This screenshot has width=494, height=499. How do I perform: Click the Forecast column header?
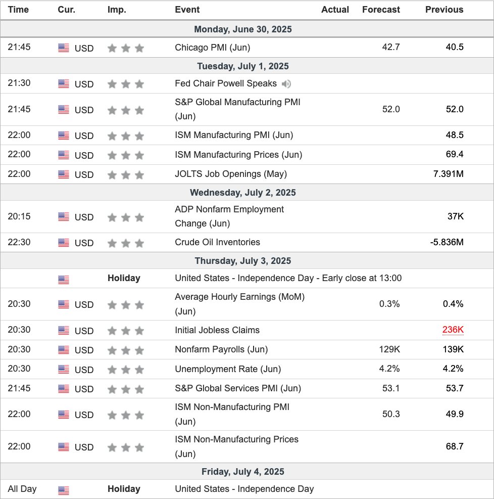381,10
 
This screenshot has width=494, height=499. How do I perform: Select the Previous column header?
444,10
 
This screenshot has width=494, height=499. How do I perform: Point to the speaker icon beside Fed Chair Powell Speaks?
286,84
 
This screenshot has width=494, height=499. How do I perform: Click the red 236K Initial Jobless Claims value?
453,330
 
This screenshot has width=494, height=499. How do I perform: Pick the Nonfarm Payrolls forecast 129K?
388,349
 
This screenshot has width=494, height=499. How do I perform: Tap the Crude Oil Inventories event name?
217,242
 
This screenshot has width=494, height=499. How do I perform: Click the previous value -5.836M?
447,242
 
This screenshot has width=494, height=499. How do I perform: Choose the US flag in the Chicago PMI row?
64,48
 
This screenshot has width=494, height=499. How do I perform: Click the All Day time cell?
22,489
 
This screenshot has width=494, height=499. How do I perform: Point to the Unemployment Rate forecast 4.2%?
389,369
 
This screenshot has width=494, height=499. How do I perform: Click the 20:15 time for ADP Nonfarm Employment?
19,216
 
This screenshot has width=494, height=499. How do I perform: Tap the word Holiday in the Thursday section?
124,278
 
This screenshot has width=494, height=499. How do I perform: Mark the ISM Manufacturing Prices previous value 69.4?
454,155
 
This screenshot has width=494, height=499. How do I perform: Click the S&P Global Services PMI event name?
237,388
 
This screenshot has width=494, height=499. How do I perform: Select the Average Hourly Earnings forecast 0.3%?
389,304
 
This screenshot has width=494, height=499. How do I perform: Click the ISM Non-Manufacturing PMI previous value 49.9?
454,414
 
